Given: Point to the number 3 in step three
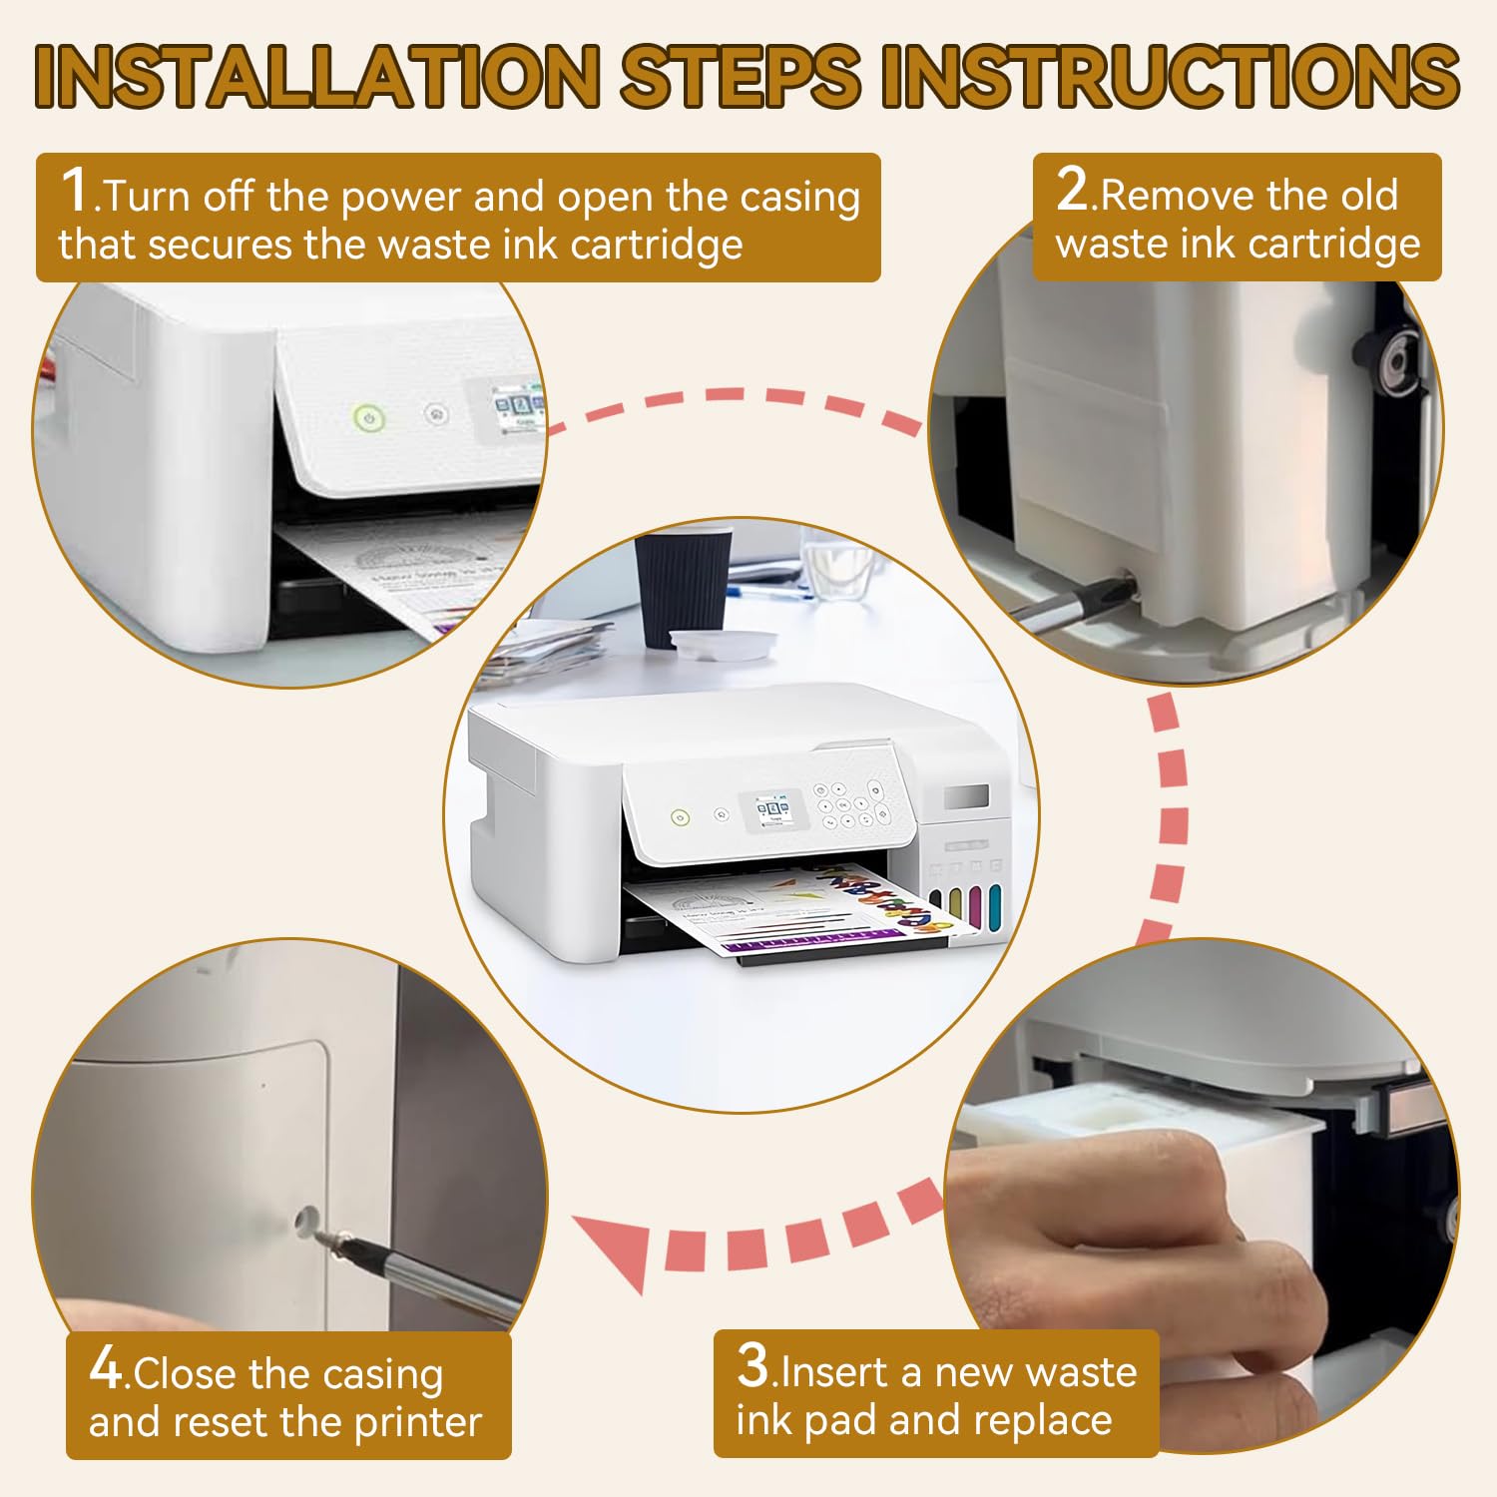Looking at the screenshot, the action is pos(753,1364).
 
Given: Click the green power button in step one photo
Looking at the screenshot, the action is pos(369,418).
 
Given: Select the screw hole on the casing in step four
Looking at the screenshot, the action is pos(305,1219).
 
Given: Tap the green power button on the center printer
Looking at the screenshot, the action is pos(680,818).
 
